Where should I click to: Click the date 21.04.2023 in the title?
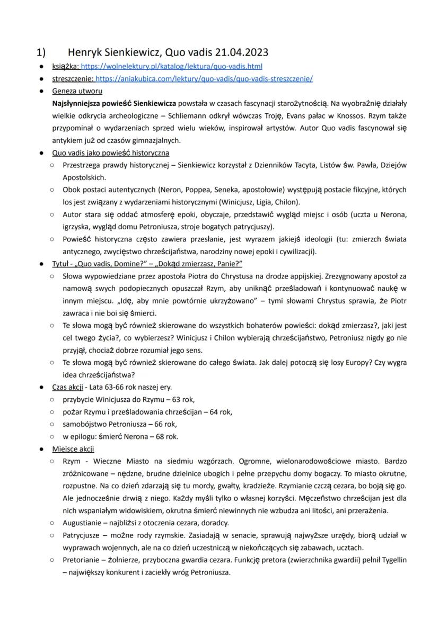point(242,52)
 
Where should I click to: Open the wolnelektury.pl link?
point(171,66)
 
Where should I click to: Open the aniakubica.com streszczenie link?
point(204,78)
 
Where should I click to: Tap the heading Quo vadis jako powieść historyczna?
point(111,153)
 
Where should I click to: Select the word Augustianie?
point(83,524)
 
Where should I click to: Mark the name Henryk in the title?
point(85,52)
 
